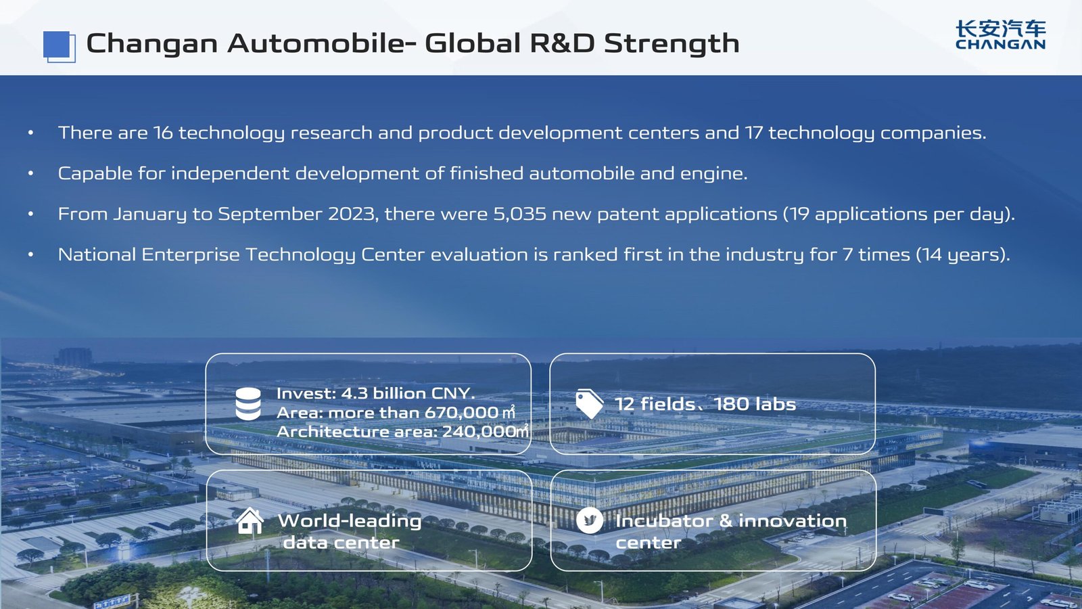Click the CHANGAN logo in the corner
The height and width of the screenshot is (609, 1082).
tap(1000, 35)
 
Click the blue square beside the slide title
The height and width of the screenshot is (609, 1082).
tap(58, 46)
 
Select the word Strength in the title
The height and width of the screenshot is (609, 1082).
tap(671, 44)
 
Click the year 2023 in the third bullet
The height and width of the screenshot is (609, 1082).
tap(352, 215)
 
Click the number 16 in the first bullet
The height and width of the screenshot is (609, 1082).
tap(163, 133)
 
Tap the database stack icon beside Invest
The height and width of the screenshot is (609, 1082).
tap(248, 404)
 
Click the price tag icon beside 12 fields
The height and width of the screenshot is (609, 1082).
tap(589, 404)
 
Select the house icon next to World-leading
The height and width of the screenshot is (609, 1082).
tap(250, 521)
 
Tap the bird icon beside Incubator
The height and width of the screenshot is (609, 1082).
tap(590, 520)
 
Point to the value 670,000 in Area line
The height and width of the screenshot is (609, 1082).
tap(461, 413)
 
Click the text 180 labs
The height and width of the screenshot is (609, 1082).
tap(755, 405)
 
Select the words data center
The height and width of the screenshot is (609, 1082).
tap(341, 543)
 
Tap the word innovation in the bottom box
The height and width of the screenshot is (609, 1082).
tap(792, 521)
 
